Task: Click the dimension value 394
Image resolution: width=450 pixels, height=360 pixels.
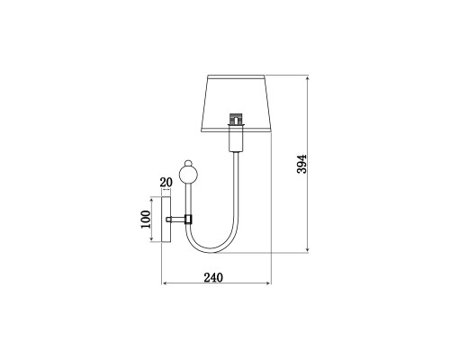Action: (x=301, y=164)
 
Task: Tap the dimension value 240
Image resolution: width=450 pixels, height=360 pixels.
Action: (x=213, y=277)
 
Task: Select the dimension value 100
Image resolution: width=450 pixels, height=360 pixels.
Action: (x=146, y=220)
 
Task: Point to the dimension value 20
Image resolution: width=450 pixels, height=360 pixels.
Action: (x=166, y=182)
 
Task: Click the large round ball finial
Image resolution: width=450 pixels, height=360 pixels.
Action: (x=188, y=175)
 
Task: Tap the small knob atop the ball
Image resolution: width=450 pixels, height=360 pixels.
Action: (x=188, y=163)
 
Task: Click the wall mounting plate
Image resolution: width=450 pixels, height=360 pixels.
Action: (x=166, y=220)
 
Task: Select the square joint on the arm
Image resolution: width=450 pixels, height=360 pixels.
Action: (x=188, y=220)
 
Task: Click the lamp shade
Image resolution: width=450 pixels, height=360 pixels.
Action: (x=236, y=103)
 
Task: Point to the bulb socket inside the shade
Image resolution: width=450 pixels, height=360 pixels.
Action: (x=236, y=119)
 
